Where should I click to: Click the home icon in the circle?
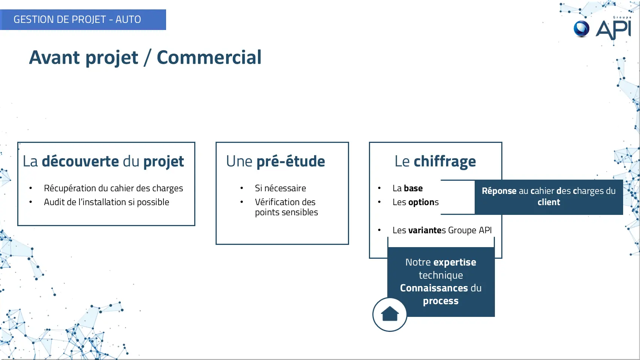click(x=390, y=314)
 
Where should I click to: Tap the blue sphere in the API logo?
click(x=582, y=29)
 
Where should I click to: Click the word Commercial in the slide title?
click(x=209, y=57)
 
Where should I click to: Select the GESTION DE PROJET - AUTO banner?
click(x=83, y=19)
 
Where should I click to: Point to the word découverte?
click(x=80, y=161)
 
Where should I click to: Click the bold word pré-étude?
click(x=291, y=161)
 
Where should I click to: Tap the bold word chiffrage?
click(x=445, y=161)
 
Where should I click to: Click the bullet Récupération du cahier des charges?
click(x=114, y=188)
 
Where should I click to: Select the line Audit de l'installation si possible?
click(x=106, y=202)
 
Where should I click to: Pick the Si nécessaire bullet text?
click(x=280, y=188)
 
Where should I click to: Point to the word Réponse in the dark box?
click(x=499, y=191)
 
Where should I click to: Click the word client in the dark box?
click(x=549, y=202)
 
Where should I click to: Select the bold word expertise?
click(x=454, y=262)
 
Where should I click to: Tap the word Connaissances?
click(x=434, y=288)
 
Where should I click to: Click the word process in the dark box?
click(x=441, y=301)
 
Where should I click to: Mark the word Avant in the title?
click(x=55, y=57)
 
